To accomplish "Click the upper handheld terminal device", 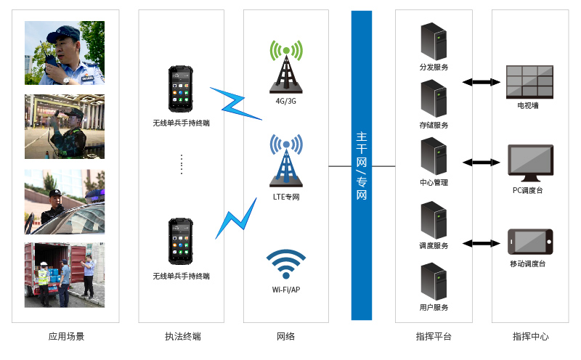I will click(x=181, y=90).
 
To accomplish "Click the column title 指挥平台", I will click(x=434, y=337).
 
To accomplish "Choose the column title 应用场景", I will click(x=66, y=337).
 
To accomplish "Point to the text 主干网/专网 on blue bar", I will click(x=362, y=165).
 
